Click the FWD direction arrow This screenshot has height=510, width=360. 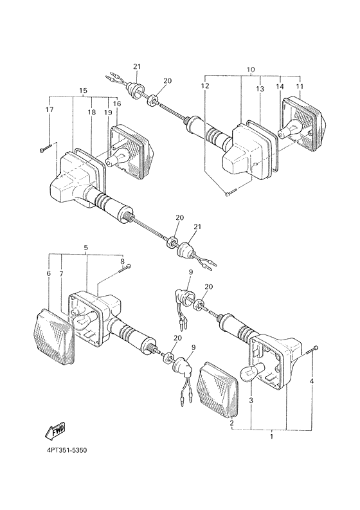pos(55,431)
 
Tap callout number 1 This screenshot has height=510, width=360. pos(272,436)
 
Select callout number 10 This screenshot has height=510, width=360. pos(251,69)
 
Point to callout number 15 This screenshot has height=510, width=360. pos(83,90)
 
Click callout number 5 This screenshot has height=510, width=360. pos(86,248)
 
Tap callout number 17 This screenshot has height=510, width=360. pos(49,109)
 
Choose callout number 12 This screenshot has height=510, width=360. pos(205,86)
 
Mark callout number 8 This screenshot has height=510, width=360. pos(122,261)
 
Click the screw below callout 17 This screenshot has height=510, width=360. pos(46,149)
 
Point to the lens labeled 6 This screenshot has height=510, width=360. pos(54,336)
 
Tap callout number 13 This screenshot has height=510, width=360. pos(260,89)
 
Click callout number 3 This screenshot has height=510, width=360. pos(251,401)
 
